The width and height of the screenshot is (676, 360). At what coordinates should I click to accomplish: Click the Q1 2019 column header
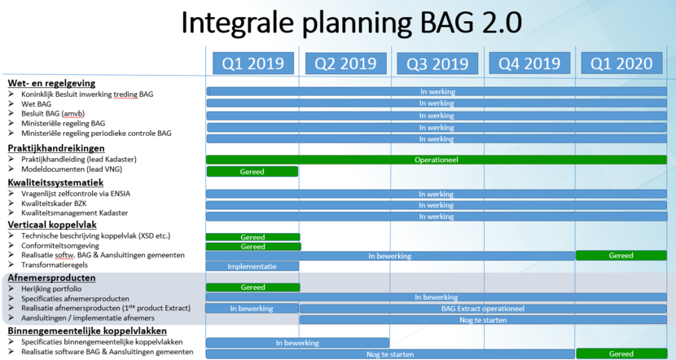(253, 64)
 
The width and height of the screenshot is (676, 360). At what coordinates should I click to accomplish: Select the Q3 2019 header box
(437, 64)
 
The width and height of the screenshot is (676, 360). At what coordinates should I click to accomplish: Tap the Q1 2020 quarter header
(621, 64)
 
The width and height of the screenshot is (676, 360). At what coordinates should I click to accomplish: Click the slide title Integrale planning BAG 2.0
(351, 23)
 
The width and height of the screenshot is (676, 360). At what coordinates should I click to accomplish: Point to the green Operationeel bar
(437, 160)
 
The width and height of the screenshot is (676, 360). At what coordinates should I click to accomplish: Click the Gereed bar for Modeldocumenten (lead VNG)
(252, 172)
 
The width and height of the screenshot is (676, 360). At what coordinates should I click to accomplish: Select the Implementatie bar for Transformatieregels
(252, 266)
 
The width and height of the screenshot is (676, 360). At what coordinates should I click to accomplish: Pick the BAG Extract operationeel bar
(483, 309)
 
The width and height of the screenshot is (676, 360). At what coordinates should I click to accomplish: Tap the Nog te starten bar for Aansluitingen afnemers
(483, 320)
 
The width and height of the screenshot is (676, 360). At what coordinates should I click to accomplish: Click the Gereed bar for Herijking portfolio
(253, 288)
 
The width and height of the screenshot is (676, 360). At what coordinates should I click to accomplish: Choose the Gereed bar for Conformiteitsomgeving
(253, 247)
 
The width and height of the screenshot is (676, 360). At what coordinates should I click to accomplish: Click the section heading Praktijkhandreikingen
(56, 148)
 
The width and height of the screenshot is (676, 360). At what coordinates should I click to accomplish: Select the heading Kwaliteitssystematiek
(55, 182)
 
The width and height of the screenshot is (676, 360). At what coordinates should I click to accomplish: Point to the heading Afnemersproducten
(52, 278)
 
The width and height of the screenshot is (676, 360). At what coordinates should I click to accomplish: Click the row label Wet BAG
(36, 104)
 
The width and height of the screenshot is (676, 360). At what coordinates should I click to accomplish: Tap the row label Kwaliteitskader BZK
(54, 203)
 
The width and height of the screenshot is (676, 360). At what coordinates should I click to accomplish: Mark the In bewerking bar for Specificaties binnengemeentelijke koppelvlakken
(297, 343)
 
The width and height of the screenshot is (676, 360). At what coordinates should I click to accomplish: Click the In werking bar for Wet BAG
(437, 103)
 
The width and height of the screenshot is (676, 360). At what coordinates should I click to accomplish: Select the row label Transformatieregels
(55, 265)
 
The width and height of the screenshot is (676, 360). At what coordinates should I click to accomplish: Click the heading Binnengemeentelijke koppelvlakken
(87, 331)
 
